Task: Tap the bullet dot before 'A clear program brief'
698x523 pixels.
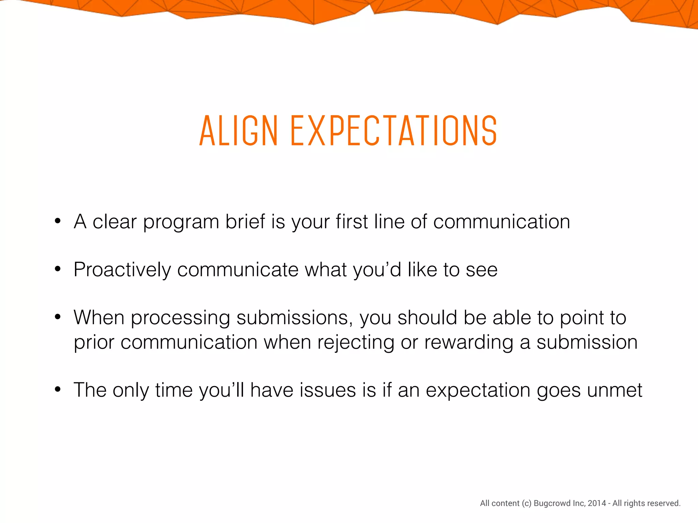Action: (58, 221)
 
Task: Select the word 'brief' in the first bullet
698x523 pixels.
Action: (245, 222)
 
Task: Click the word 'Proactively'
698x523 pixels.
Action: (122, 270)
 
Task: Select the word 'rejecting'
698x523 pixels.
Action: (355, 342)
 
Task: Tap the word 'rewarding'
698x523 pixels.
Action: (469, 342)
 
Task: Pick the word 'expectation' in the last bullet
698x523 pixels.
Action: (478, 390)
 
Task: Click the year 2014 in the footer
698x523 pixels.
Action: (597, 503)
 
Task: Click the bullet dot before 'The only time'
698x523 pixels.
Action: (58, 389)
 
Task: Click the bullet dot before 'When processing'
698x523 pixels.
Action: (58, 317)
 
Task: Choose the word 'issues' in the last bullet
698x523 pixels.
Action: (328, 390)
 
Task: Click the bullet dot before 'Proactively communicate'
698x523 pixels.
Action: (58, 269)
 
